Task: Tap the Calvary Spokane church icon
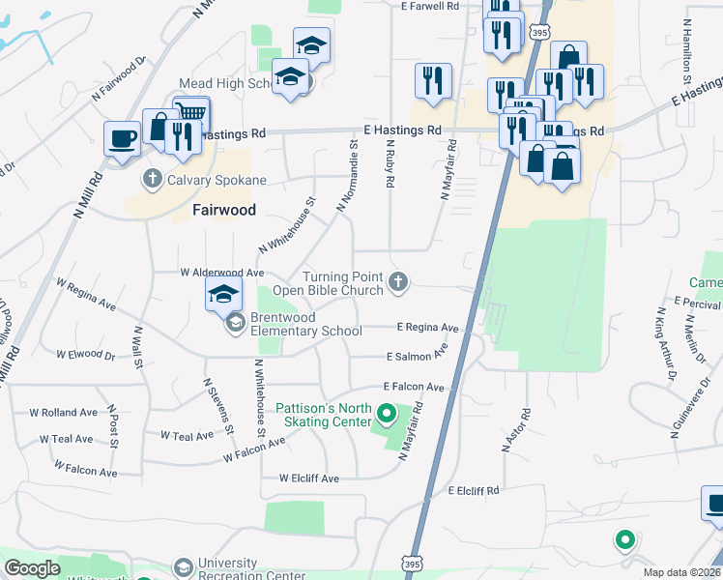coord(152,178)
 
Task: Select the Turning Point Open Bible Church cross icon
coord(397,282)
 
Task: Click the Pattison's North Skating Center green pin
coord(387,416)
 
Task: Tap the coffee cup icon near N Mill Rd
coord(122,137)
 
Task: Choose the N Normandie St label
coord(347,175)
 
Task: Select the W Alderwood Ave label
coord(222,274)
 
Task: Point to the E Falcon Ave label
coord(414,387)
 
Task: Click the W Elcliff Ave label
coord(309,478)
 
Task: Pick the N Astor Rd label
coord(512,430)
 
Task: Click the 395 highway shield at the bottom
coord(413,564)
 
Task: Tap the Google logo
coord(32,568)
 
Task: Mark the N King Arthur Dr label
coord(665,345)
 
